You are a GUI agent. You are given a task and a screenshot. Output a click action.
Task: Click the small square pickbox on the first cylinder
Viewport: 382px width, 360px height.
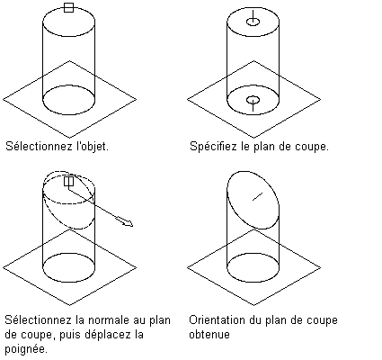(x=69, y=8)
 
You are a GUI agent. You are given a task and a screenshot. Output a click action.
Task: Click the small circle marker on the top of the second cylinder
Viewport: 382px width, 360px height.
(x=253, y=22)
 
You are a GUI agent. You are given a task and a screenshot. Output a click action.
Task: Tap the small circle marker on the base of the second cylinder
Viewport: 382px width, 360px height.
(x=253, y=100)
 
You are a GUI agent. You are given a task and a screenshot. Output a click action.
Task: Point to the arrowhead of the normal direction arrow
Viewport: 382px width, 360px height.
(x=128, y=223)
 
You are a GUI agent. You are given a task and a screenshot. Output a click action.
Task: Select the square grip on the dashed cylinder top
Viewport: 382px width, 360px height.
(x=69, y=181)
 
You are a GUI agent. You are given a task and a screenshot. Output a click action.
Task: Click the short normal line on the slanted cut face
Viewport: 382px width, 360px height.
(x=257, y=196)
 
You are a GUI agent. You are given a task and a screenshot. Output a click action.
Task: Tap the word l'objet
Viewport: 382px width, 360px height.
(x=93, y=147)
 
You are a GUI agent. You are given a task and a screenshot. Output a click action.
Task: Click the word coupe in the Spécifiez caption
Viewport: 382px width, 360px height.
(x=312, y=148)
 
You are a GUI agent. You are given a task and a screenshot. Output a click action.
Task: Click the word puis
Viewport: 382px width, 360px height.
(x=70, y=335)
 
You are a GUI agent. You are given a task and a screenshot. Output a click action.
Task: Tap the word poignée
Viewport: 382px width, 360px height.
(x=26, y=349)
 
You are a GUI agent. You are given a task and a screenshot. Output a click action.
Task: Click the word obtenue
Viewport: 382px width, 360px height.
(x=209, y=335)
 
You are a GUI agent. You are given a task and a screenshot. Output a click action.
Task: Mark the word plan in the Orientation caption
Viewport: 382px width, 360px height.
(x=276, y=320)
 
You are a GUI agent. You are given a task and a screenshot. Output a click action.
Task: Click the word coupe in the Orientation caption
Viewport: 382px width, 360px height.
(x=321, y=321)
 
